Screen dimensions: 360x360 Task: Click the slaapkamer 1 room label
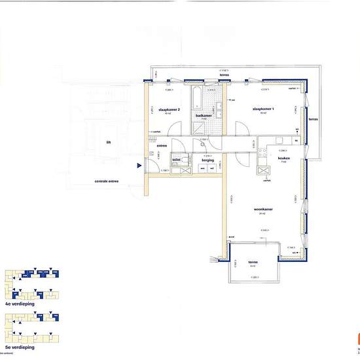[262, 109]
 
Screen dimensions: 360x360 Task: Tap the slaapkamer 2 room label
[169, 109]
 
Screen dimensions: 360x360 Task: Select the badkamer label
[203, 115]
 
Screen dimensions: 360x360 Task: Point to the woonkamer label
[264, 209]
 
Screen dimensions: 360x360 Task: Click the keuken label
[283, 158]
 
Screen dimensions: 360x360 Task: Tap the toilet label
[176, 159]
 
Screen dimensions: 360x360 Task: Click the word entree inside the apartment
[162, 145]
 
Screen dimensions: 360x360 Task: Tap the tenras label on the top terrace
[225, 75]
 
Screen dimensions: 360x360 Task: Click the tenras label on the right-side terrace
[312, 119]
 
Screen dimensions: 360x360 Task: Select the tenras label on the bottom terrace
[253, 262]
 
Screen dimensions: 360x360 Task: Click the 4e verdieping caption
[19, 304]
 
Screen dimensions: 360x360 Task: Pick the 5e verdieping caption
[19, 348]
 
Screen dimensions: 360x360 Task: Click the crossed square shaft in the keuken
[265, 171]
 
